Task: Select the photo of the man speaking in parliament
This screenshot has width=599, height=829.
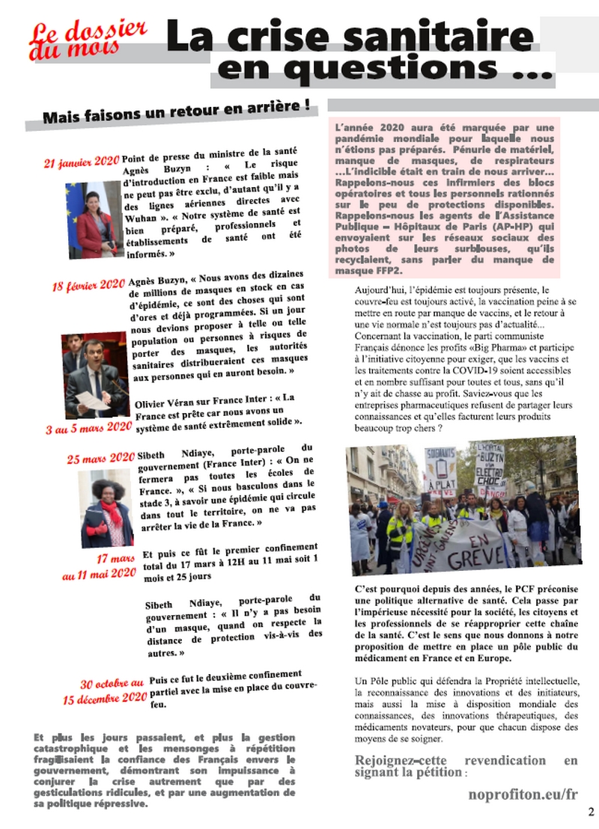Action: point(94,374)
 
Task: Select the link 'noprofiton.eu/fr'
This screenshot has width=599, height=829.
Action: point(523,794)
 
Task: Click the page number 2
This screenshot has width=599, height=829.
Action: point(591,812)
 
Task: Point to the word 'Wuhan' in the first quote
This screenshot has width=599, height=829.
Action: point(138,218)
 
